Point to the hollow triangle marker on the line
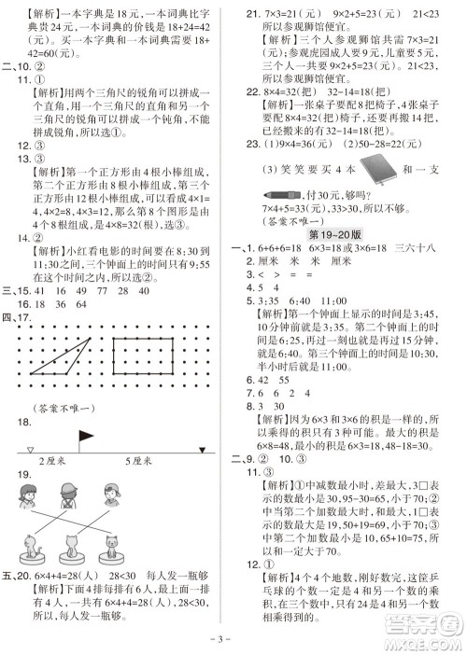pos(30,448)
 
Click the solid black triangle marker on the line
pos(200,448)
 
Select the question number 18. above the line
pos(23,423)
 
